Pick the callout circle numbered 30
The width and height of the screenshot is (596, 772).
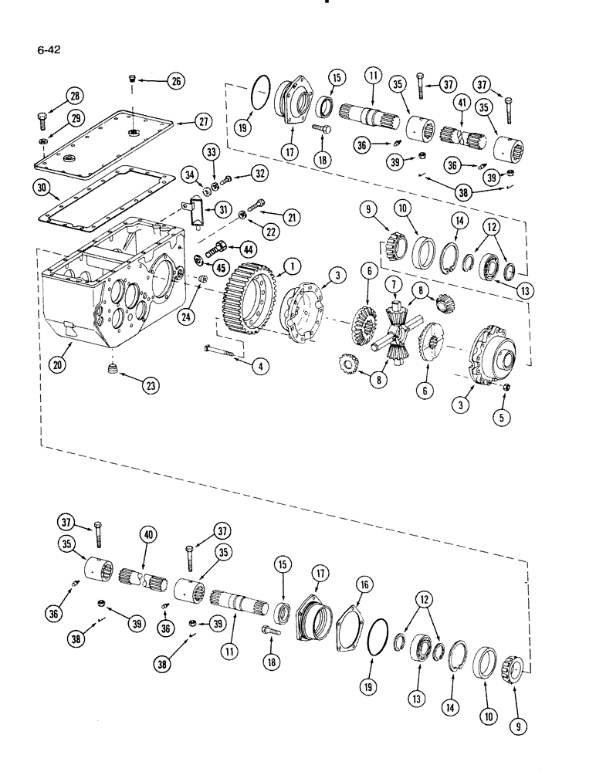(x=43, y=188)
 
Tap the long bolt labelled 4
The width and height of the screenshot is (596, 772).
(x=224, y=354)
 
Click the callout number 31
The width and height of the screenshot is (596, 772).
(x=224, y=210)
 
